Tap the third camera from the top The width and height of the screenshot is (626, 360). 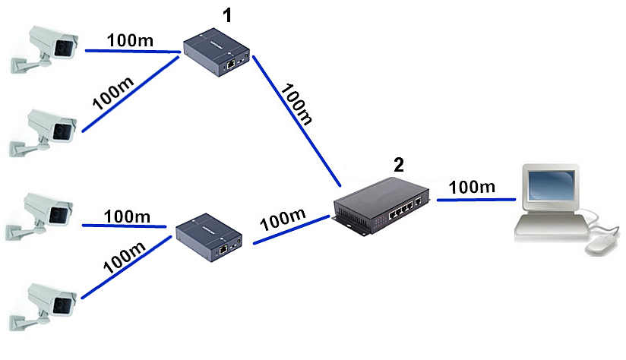pos(47,213)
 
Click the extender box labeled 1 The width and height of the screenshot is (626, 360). pos(218,52)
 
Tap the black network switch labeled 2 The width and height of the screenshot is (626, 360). pos(381,205)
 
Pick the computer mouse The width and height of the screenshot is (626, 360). pos(600,243)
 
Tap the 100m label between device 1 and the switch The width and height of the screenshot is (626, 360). pos(296,106)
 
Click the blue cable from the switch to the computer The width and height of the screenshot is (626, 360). pos(471,200)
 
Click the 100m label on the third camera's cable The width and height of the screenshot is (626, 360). pos(127,216)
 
